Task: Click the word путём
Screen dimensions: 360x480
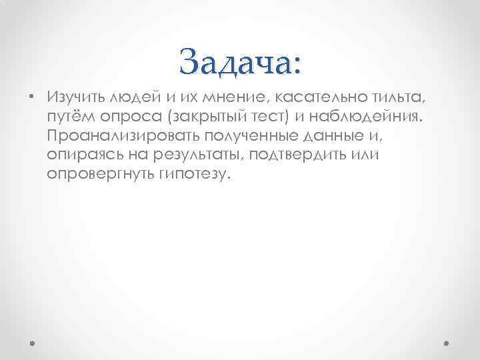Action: [69, 117]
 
